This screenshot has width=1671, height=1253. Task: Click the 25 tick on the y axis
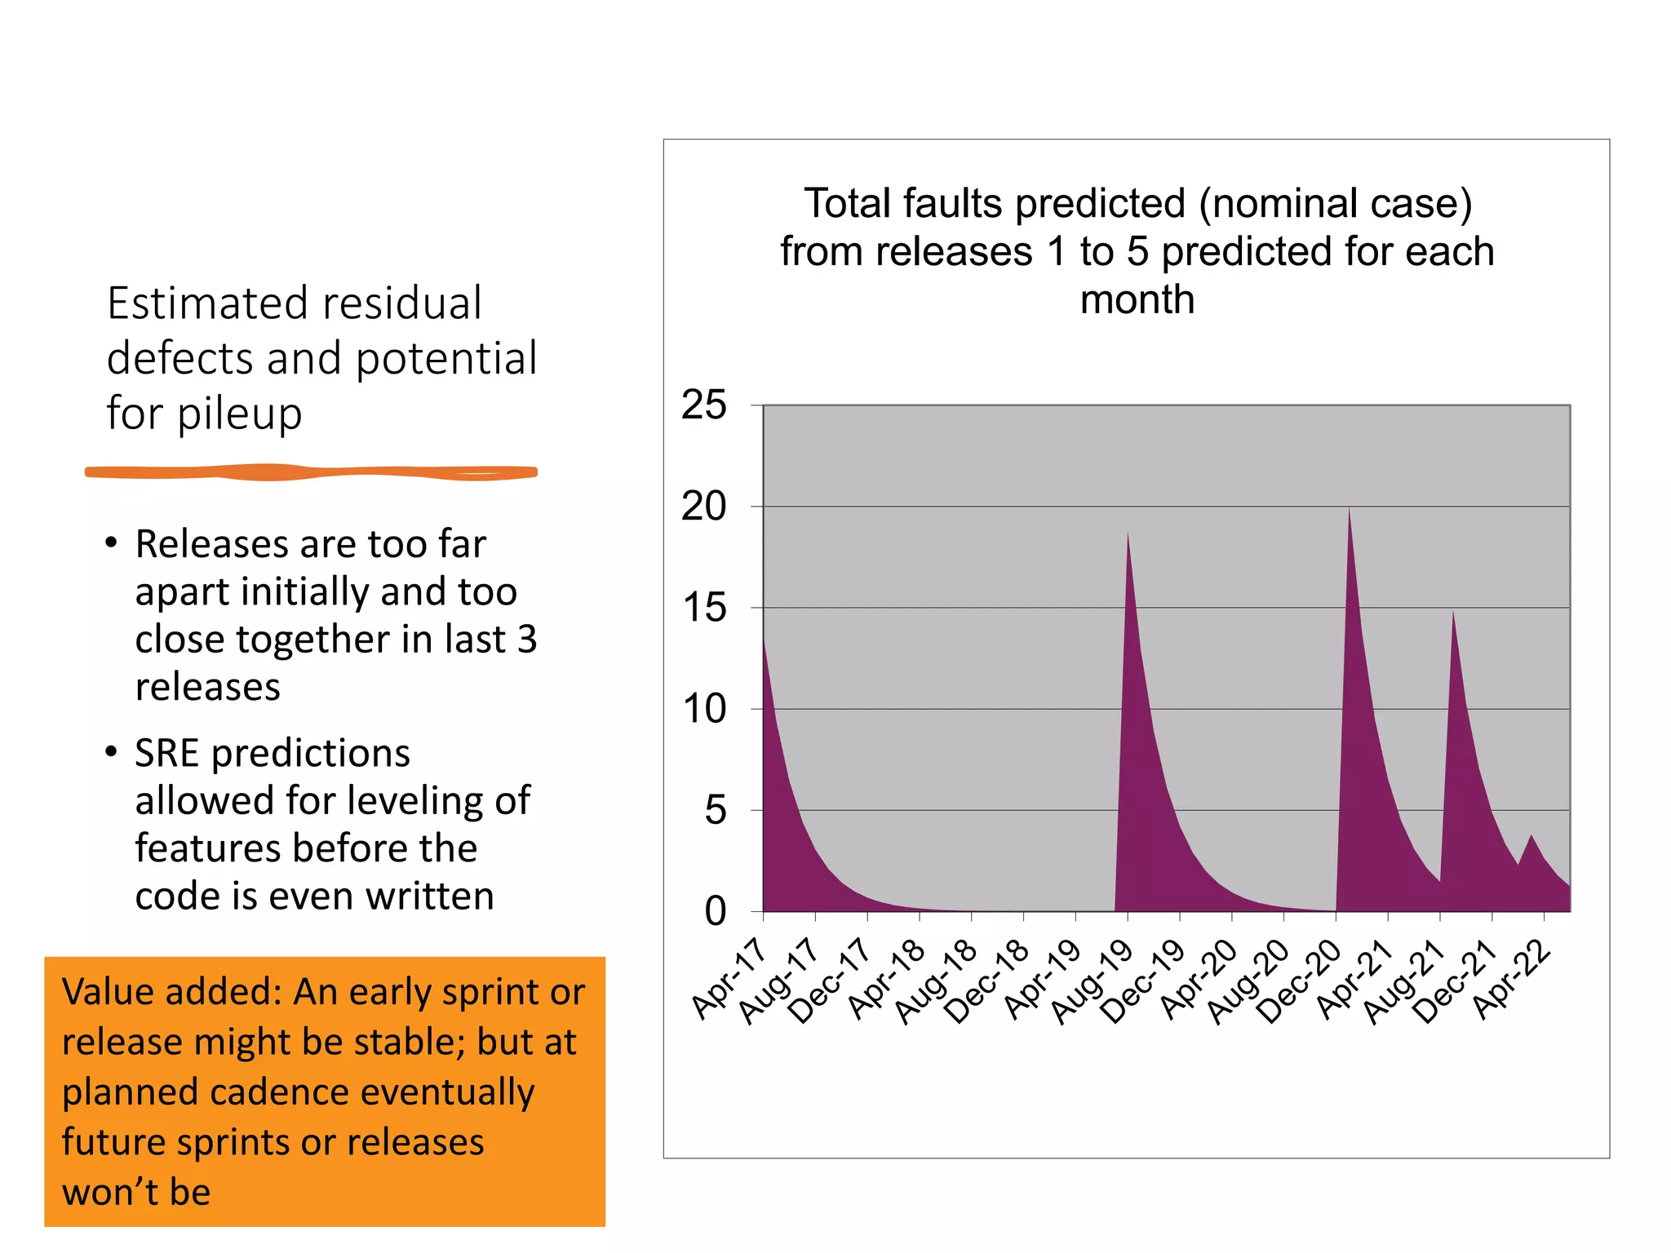coord(704,405)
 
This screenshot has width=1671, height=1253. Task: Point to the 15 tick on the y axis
coord(704,609)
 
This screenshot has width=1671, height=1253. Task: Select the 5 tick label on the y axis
coord(715,811)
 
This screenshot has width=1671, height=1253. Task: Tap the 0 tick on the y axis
coord(715,911)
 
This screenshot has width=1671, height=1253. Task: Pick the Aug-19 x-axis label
coord(1091,981)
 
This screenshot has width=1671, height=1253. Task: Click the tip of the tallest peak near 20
coord(1349,509)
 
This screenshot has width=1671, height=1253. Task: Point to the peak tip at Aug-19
coord(1128,533)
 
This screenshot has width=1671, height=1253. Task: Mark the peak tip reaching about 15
coord(1452,612)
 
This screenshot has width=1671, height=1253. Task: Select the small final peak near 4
coord(1531,836)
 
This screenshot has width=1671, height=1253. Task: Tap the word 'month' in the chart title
coord(1137,299)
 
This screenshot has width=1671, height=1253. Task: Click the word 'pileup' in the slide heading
coord(239,414)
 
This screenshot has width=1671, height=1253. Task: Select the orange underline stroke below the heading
coord(311,472)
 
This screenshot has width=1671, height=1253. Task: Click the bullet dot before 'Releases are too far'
coord(112,543)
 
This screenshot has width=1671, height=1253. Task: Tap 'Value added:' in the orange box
coord(171,992)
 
